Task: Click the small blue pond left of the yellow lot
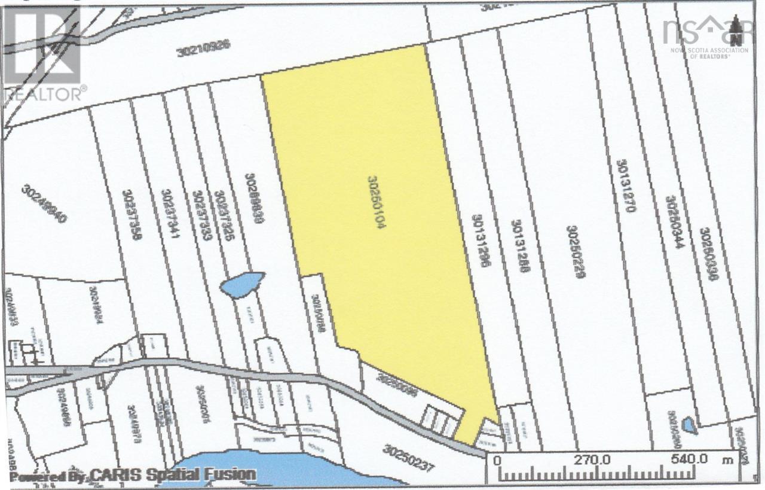coord(243,283)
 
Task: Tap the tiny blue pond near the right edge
coord(689,425)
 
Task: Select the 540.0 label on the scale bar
coord(688,459)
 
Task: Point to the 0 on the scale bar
coord(497,459)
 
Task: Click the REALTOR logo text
coord(45,93)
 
